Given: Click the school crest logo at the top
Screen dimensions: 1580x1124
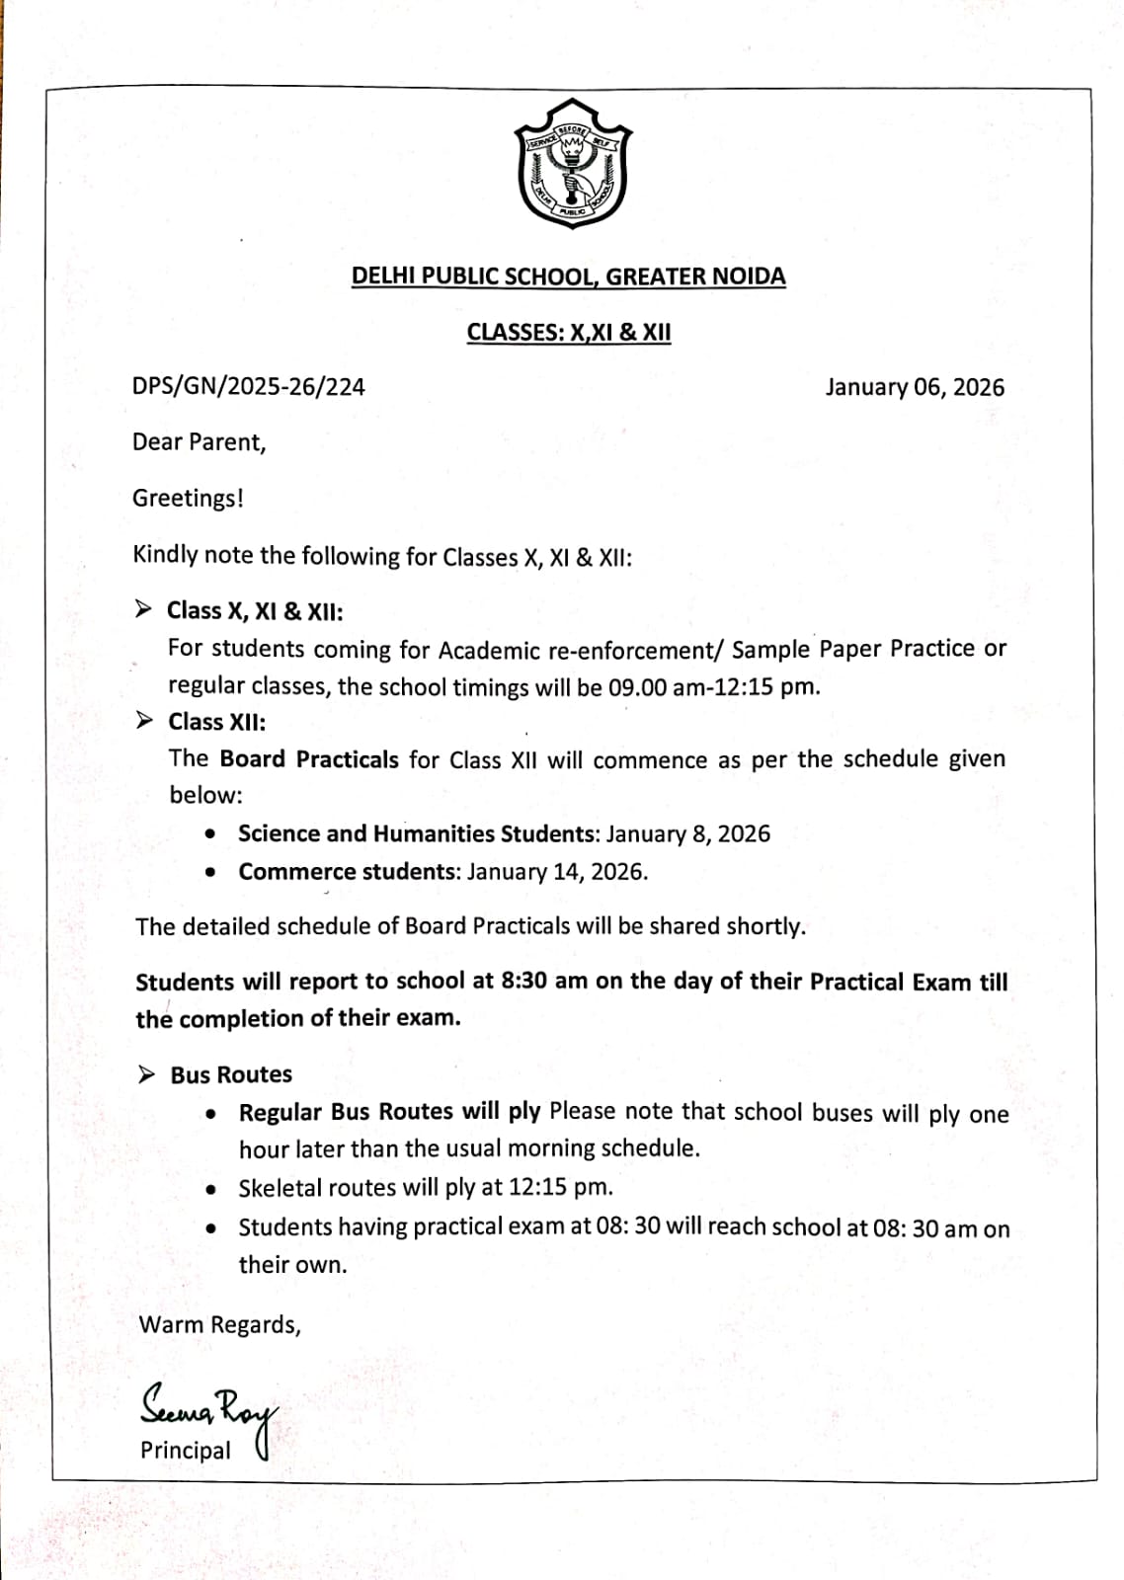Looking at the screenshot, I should coord(573,164).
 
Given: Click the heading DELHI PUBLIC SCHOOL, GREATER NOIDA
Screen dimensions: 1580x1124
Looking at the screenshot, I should coord(568,276).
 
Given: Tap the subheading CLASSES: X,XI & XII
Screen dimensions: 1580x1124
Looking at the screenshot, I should coord(568,333).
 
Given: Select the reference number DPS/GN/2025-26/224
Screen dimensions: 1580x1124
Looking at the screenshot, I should coord(248,387).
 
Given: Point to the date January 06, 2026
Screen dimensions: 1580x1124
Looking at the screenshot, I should coord(915,387).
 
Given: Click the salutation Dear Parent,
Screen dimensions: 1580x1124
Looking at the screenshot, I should coord(200,442).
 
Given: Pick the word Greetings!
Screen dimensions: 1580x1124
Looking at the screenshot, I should coord(188,499).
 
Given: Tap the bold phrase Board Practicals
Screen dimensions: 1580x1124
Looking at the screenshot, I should coord(309,759).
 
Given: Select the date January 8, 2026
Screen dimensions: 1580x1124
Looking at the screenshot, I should coord(687,834).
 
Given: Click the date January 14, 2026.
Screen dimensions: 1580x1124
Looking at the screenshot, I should coord(557,872).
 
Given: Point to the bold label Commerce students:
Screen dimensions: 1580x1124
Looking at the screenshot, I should coord(350,872).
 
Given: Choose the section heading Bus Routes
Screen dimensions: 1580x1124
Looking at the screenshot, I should coord(231,1074).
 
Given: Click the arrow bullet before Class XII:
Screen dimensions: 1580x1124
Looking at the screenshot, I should coord(145,721).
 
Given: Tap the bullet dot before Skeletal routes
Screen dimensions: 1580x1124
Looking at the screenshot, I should coord(211,1189).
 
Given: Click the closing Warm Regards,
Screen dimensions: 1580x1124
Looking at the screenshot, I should coord(219,1325).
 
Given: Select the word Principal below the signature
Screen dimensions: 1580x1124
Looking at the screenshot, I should coord(186,1451).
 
